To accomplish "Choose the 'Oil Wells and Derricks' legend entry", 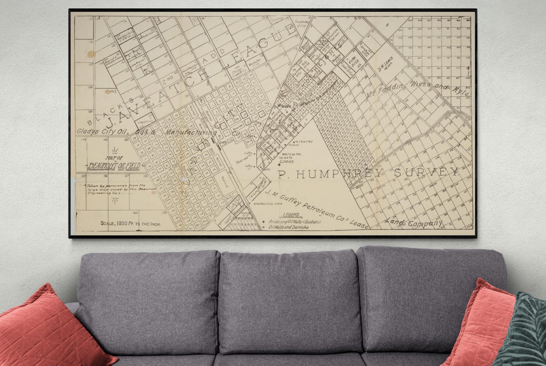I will coord(289,227).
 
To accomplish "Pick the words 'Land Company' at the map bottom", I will coord(413,222).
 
